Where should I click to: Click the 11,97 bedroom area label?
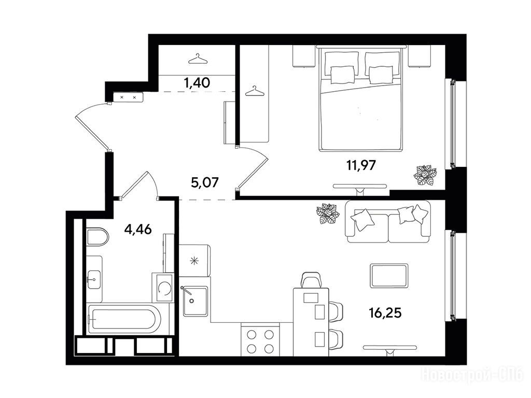[x=361, y=165]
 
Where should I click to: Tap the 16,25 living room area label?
[x=385, y=313]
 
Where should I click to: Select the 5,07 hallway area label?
[x=205, y=183]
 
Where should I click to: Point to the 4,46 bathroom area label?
[x=138, y=230]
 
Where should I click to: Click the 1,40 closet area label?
[x=197, y=82]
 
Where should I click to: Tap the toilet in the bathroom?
[x=97, y=237]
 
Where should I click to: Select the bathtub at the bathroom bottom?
[x=124, y=319]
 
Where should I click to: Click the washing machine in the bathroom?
[x=163, y=288]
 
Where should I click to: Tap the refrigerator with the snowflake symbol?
[x=195, y=261]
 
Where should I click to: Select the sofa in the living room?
[x=388, y=222]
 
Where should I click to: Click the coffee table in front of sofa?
[x=389, y=276]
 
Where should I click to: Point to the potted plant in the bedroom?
[x=425, y=175]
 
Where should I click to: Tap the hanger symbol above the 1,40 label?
[x=198, y=59]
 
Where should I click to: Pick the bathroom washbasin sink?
[x=94, y=279]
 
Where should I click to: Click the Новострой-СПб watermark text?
[x=472, y=375]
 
